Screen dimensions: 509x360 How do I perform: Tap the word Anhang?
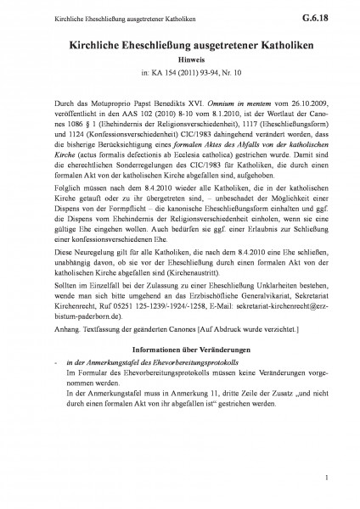64,377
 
